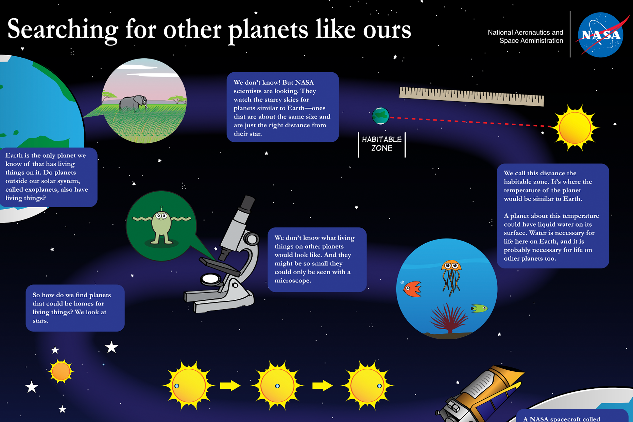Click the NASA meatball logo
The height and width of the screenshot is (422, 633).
pos(601,35)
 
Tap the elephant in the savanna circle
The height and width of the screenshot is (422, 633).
pos(134,103)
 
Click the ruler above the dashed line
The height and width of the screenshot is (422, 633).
pos(471,96)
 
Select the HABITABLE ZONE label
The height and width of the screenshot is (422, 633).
pos(382,144)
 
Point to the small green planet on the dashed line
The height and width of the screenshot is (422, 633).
pos(380,116)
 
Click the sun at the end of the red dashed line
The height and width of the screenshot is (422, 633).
pos(575,128)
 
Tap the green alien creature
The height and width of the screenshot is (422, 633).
pos(161,226)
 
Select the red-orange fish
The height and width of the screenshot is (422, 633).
pos(412,289)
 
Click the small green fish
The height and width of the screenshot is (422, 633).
pos(479,308)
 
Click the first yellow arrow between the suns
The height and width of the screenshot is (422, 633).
pos(230,386)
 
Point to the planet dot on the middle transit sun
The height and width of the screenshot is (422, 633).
pos(277,386)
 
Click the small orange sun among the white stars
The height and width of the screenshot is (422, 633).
pos(61,371)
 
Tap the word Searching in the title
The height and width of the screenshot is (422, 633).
pos(63,30)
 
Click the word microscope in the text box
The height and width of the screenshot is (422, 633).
pos(293,281)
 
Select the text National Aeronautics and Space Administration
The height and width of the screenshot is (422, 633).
pos(526,37)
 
